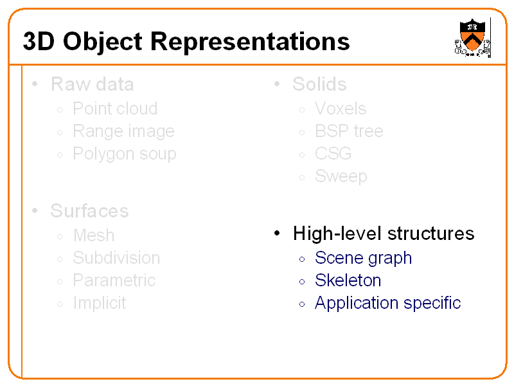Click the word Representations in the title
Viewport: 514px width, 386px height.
tap(251, 42)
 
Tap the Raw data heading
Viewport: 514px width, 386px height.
tap(92, 84)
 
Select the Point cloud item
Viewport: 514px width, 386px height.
tap(115, 109)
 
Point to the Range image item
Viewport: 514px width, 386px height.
tap(123, 131)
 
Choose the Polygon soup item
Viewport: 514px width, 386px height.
tap(124, 154)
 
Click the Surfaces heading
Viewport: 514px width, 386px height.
tap(89, 211)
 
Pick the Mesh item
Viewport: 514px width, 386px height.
tap(94, 235)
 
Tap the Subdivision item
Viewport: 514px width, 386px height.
tap(116, 258)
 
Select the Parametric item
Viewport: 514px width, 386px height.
tap(114, 280)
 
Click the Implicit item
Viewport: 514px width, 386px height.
tap(100, 303)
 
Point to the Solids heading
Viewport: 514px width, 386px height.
tap(319, 84)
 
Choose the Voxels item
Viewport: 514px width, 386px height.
tap(341, 109)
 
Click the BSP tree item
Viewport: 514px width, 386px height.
tap(349, 131)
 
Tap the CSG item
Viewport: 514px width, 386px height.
tap(333, 154)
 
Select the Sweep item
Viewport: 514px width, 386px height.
tap(341, 176)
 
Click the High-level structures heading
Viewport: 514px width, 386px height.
tap(384, 234)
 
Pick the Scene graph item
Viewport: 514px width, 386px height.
tap(363, 258)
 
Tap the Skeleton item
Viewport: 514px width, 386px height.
tap(348, 280)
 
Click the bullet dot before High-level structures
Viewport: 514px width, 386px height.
tap(276, 234)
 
